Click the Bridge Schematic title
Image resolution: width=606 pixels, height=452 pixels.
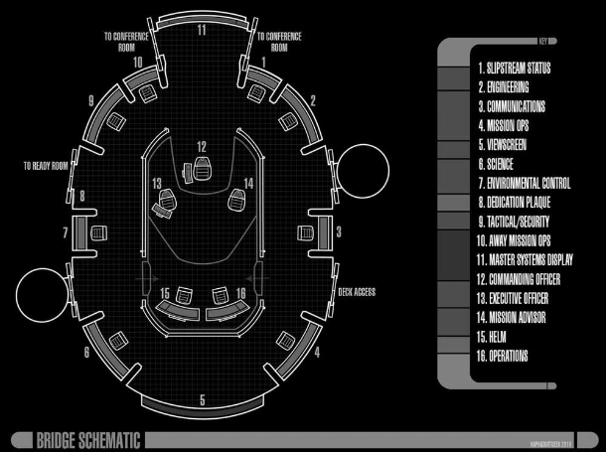(x=88, y=439)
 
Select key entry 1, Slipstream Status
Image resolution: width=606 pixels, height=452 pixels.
(x=514, y=69)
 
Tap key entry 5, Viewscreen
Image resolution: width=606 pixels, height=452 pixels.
(x=514, y=144)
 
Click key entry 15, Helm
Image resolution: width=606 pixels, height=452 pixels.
(x=499, y=336)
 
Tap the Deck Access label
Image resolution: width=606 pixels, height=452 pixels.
(x=358, y=292)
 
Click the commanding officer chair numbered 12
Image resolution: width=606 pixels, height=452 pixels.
(x=202, y=167)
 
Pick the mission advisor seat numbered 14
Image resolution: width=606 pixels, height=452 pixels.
(x=236, y=200)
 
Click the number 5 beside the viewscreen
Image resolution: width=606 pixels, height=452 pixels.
(x=203, y=399)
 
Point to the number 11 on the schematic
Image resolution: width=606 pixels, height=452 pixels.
(x=202, y=30)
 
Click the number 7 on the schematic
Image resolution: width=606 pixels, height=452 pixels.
(x=65, y=232)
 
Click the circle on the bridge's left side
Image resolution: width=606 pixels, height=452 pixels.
(x=38, y=293)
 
